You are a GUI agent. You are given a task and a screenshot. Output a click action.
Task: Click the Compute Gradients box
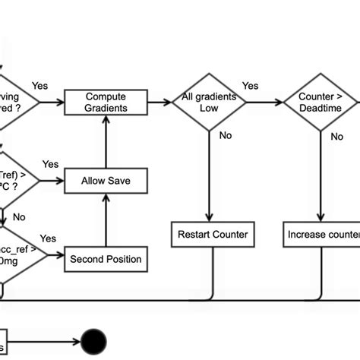106,103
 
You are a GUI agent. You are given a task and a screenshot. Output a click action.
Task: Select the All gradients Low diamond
210,103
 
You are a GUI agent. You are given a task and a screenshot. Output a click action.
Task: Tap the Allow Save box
106,181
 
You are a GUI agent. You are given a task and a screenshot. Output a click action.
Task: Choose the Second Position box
106,259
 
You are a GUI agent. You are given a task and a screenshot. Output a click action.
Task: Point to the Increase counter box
323,235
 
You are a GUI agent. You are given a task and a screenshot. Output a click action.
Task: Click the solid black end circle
94,341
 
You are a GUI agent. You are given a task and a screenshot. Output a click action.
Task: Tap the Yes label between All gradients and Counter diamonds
250,86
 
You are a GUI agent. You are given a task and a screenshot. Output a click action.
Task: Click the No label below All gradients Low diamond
226,137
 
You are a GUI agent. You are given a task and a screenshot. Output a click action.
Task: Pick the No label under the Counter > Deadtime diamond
336,137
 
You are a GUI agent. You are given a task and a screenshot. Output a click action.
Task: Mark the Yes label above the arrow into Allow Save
50,164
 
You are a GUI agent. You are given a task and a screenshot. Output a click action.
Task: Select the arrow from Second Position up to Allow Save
106,220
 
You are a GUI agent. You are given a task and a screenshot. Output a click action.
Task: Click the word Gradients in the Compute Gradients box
106,108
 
